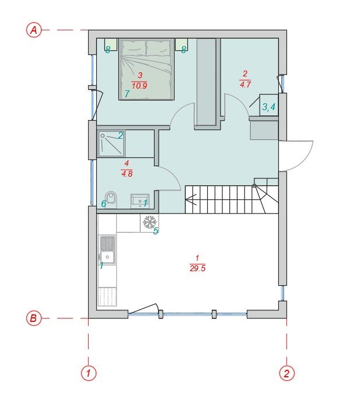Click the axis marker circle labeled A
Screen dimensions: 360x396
click(x=34, y=30)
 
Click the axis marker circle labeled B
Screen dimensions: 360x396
click(x=34, y=318)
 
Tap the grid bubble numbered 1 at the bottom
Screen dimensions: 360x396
click(x=89, y=373)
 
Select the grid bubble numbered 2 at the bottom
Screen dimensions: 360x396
click(x=286, y=373)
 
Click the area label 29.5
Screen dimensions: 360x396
click(x=198, y=268)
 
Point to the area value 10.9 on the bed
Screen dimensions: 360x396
click(x=139, y=86)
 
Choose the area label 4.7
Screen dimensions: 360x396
click(x=245, y=84)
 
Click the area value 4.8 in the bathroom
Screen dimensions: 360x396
click(x=127, y=174)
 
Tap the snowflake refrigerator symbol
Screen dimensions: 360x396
click(x=149, y=222)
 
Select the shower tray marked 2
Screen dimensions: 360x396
click(x=111, y=143)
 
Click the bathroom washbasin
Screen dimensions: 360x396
click(x=139, y=201)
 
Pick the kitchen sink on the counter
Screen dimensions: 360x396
click(x=108, y=250)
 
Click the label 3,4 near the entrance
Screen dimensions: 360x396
click(x=268, y=107)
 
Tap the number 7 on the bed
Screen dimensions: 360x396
click(x=127, y=94)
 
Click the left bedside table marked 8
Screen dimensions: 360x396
click(x=111, y=45)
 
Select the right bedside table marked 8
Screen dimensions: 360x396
click(x=181, y=45)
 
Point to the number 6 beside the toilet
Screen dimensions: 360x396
click(x=104, y=204)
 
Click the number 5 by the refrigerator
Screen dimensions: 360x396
click(x=156, y=231)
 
